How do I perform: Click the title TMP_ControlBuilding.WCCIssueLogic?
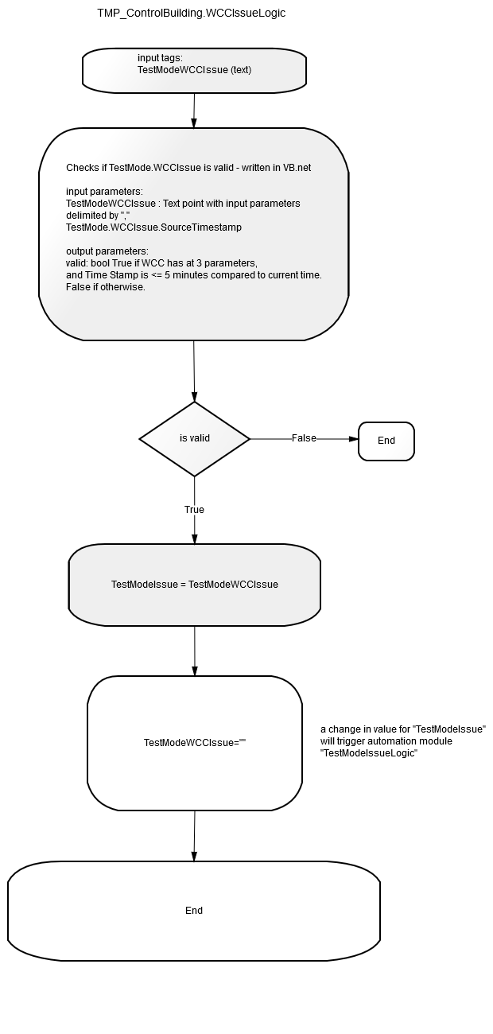coord(191,13)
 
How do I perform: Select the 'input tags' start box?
coord(194,71)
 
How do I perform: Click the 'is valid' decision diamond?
coord(194,438)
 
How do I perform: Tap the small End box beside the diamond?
coord(386,441)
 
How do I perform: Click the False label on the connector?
coord(304,438)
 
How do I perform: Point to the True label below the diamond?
coord(194,509)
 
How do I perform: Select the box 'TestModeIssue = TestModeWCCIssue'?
coord(194,585)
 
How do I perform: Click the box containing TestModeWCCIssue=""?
coord(195,743)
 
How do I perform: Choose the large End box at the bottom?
coord(194,911)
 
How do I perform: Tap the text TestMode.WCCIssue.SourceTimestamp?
coord(153,227)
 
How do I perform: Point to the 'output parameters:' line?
coord(107,251)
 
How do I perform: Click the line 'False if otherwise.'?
coord(106,286)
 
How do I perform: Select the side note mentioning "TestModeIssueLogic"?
coord(403,741)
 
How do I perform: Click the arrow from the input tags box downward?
coord(194,111)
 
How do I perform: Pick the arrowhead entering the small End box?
coord(354,439)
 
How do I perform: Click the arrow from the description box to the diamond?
coord(194,371)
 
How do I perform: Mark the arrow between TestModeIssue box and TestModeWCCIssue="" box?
coord(194,651)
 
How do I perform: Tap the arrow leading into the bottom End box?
coord(194,835)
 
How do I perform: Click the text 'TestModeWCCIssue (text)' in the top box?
coord(194,70)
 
